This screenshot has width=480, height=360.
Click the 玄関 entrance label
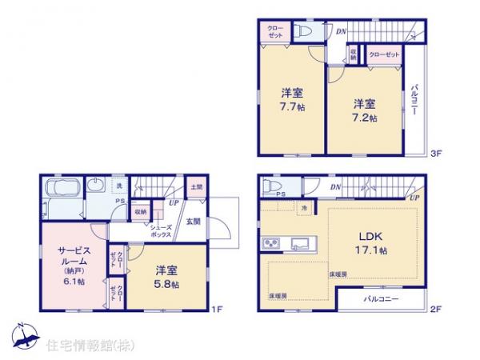coord(194,221)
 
